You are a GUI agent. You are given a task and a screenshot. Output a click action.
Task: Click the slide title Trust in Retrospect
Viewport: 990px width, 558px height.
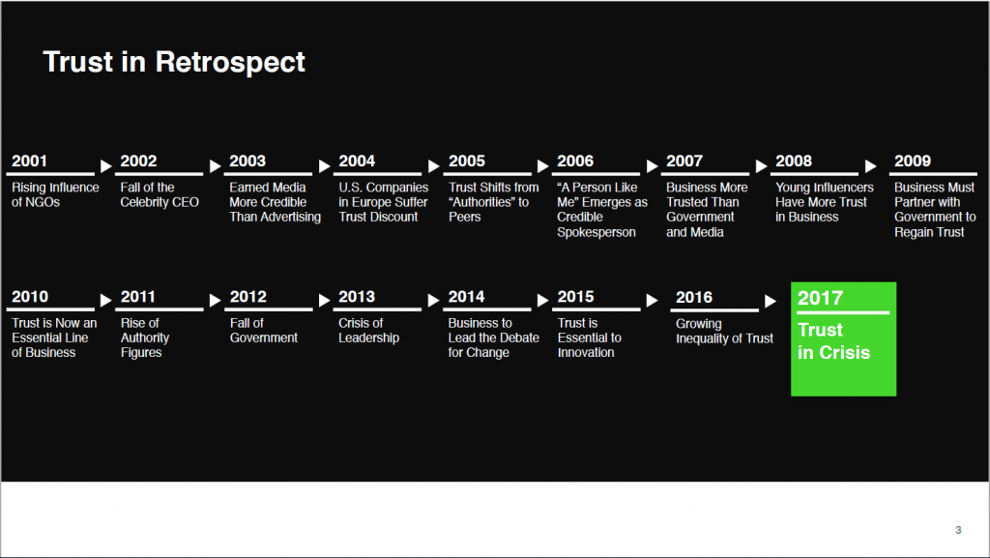(174, 62)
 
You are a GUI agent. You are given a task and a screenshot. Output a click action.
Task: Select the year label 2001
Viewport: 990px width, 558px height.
(29, 161)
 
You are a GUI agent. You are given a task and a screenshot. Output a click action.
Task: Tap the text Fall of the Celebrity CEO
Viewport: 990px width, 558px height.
(160, 194)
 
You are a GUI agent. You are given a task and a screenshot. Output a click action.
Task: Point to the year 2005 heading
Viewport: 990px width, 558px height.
(467, 161)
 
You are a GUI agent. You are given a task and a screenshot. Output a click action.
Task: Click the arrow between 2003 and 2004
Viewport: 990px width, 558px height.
(325, 166)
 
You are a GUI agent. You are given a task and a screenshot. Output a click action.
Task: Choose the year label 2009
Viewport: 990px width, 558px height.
(913, 161)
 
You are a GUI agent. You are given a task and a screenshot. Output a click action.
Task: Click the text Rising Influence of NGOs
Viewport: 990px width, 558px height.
(55, 194)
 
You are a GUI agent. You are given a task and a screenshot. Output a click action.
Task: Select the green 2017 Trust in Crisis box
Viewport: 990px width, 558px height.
(843, 339)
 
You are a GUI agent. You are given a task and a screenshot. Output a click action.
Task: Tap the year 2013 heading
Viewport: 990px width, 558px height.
(357, 297)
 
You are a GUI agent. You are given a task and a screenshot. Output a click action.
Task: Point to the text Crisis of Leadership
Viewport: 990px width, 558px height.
(368, 330)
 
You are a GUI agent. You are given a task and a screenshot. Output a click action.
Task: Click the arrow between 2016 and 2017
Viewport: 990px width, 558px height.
(771, 301)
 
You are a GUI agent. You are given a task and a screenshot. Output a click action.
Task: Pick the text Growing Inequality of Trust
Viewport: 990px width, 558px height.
(724, 331)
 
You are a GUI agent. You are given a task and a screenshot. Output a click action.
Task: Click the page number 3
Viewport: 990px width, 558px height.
(958, 530)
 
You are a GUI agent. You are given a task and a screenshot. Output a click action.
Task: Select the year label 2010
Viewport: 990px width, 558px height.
(30, 297)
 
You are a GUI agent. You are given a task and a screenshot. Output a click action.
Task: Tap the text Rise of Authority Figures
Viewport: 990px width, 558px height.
(145, 338)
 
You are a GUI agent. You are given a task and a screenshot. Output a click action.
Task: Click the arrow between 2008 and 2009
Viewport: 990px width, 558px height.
(871, 166)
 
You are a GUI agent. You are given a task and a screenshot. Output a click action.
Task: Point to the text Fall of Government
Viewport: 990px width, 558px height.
(263, 330)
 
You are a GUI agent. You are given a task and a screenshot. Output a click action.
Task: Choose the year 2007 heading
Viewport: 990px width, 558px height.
(684, 161)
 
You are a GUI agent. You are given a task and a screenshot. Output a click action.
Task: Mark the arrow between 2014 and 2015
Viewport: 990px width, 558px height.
(543, 301)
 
